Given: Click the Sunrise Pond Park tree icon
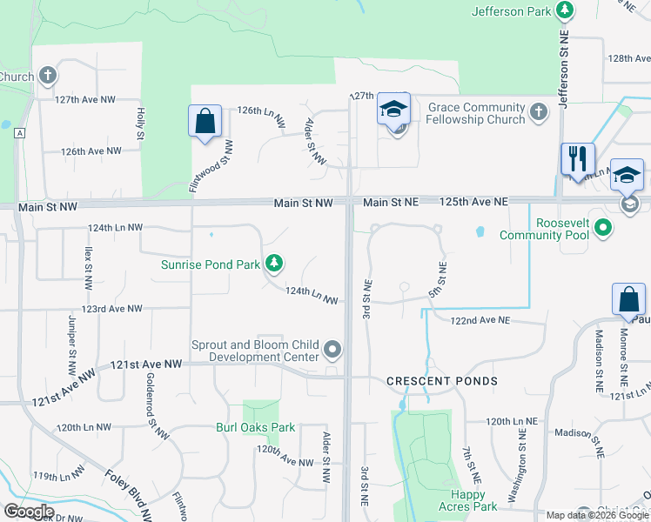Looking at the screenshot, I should tap(275, 263).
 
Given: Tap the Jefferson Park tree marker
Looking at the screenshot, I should tap(566, 10).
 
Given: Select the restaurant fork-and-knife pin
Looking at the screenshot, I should tap(577, 160).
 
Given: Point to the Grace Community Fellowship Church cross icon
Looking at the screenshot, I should tap(539, 111).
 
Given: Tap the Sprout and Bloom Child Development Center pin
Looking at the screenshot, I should tap(332, 350).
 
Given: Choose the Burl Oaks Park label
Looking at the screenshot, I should tap(256, 427).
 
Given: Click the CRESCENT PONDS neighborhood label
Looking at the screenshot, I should tap(443, 381).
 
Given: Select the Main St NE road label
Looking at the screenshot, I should tap(391, 202).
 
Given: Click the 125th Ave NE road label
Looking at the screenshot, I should tap(473, 201).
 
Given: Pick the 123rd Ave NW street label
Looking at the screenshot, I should tap(112, 309).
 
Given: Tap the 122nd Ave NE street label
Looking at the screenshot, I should tap(480, 320).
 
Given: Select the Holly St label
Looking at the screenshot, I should tap(140, 124).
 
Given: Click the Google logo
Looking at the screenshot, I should tap(29, 512).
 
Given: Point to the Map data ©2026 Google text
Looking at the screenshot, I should tap(597, 515).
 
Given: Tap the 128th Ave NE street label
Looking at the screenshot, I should tap(629, 58).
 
